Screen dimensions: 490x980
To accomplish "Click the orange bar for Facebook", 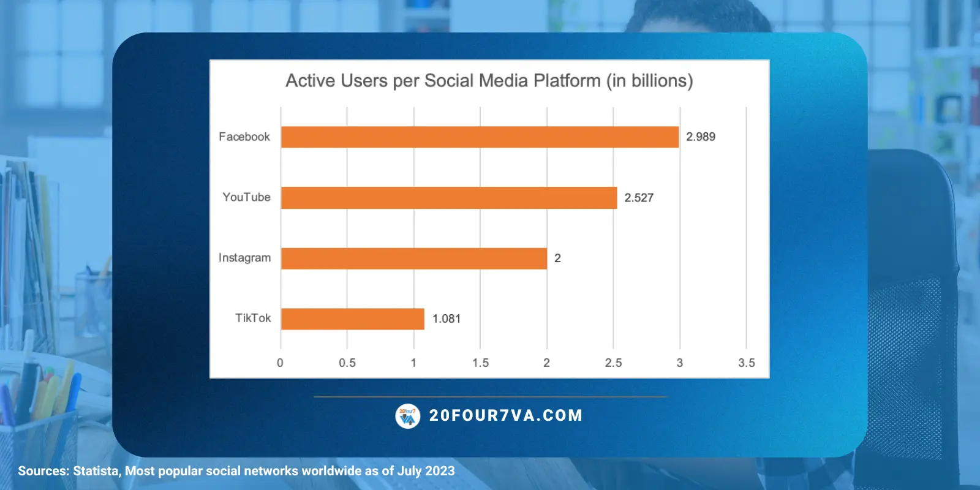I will click(480, 137).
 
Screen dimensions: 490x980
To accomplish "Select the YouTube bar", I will click(449, 198).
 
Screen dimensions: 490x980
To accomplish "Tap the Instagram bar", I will click(414, 258).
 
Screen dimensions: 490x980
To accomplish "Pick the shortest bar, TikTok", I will click(353, 319).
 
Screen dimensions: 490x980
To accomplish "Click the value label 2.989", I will click(701, 137).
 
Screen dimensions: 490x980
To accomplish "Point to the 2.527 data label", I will click(639, 198).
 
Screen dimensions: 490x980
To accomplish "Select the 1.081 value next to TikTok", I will click(447, 319).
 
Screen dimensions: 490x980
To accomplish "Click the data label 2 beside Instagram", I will click(557, 258).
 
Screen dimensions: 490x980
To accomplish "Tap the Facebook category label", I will click(244, 137).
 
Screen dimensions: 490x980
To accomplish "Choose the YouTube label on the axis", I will click(246, 197).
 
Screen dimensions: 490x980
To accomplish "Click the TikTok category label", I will click(253, 318).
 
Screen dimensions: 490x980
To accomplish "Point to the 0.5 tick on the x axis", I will click(347, 363).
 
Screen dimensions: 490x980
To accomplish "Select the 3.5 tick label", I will click(746, 363).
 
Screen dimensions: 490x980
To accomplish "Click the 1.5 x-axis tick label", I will click(480, 363).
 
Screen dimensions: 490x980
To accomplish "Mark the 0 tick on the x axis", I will click(281, 363).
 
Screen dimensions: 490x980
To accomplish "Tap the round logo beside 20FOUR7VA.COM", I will click(408, 416).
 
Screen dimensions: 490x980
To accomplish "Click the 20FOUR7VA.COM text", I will click(506, 416).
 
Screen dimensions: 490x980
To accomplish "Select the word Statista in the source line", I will click(96, 471).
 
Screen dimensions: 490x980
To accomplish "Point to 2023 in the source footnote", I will click(440, 471).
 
